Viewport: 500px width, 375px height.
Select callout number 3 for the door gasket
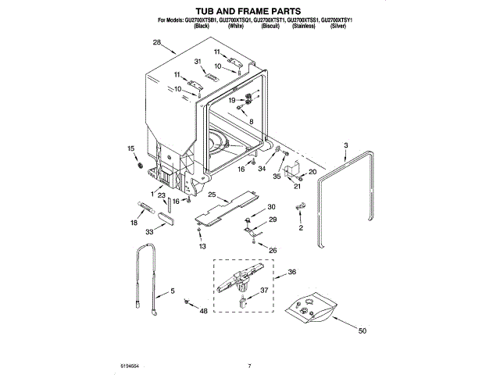click(346, 145)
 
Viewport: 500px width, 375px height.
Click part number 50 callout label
click(362, 330)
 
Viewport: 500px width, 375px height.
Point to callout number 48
click(204, 311)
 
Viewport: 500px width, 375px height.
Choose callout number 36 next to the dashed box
click(291, 272)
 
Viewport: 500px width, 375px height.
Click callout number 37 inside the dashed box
click(264, 291)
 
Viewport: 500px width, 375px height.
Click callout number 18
click(134, 223)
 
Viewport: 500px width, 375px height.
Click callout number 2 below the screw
click(300, 227)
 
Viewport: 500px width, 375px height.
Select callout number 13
click(202, 246)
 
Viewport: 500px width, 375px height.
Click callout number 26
click(273, 250)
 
